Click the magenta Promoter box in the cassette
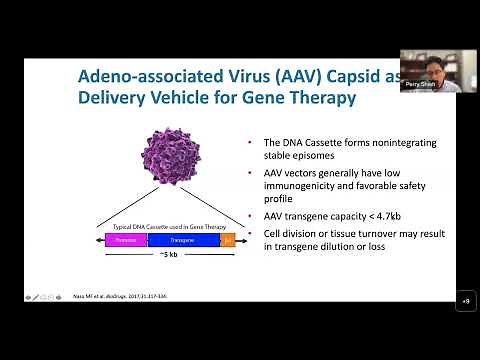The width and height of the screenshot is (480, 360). [x=125, y=240]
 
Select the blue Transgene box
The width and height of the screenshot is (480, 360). [x=182, y=240]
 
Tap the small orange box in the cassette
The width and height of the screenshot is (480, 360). [x=227, y=240]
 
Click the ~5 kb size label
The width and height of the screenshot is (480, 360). [x=170, y=255]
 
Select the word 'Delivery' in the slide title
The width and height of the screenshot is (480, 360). [x=115, y=101]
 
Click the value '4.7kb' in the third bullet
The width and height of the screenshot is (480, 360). [x=388, y=216]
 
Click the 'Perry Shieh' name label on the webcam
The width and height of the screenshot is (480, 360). [x=417, y=85]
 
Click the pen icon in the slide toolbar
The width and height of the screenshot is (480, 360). [x=37, y=297]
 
